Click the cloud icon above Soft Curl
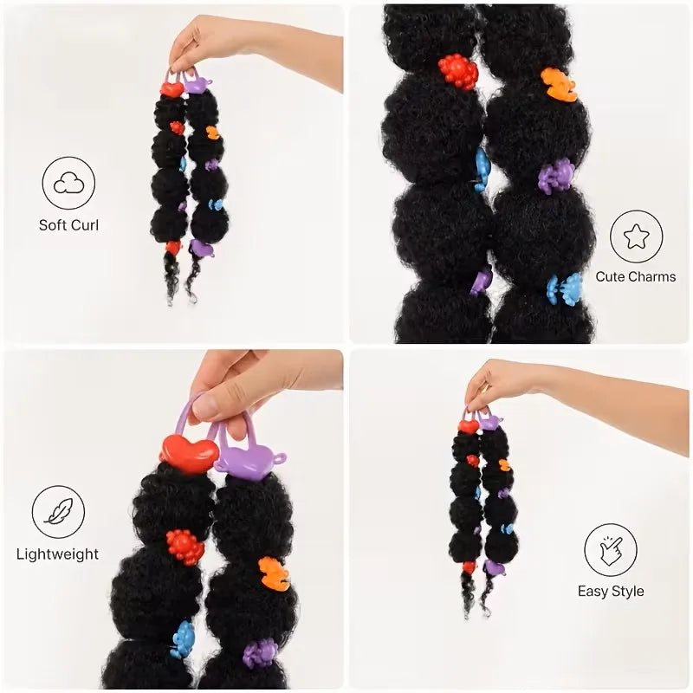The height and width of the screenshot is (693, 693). (68, 183)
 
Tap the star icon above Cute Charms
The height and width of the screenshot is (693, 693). (636, 236)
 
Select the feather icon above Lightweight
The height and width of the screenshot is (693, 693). (58, 512)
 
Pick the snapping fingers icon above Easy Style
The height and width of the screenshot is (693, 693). (611, 550)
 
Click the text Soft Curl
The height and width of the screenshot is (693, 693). (68, 225)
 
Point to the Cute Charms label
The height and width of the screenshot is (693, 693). (636, 276)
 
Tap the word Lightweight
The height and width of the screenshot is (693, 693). (57, 554)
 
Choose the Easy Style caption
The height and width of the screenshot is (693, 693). (611, 592)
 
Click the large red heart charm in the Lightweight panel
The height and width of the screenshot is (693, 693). (189, 453)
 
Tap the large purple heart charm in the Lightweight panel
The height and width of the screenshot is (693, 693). (249, 460)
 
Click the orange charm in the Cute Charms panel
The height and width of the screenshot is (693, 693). (559, 84)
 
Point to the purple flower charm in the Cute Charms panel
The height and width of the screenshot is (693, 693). (556, 176)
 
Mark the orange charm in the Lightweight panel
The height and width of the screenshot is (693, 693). (274, 575)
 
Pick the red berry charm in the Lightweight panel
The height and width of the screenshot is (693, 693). (185, 547)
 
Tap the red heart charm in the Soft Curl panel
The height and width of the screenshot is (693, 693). (172, 89)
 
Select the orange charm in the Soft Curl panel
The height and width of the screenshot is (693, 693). (213, 133)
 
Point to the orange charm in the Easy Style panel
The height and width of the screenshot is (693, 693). (504, 465)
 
